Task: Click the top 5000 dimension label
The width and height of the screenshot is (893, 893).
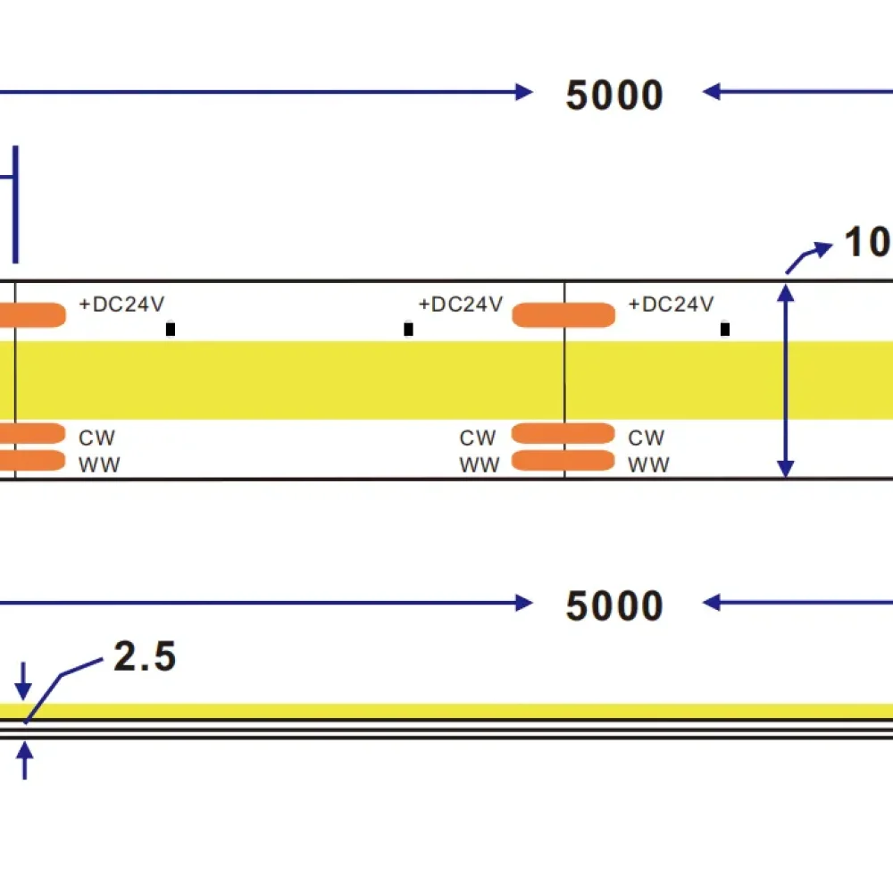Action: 614,96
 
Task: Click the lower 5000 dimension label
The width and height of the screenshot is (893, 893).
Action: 614,606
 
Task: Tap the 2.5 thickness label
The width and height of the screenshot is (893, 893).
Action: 145,657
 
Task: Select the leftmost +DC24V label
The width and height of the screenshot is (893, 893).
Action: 121,305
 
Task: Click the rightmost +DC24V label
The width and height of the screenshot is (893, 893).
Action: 671,305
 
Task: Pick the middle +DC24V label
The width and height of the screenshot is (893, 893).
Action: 461,305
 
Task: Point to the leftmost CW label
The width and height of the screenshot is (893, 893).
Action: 97,438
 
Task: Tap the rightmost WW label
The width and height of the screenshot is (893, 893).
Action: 648,464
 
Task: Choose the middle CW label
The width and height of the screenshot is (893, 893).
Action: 478,438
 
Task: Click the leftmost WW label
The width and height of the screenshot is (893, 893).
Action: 100,464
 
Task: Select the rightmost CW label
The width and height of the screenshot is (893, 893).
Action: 647,438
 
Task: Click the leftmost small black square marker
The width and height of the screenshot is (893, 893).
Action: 171,330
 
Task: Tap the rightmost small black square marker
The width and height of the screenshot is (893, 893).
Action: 725,330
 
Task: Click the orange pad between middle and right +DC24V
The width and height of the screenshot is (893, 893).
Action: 563,314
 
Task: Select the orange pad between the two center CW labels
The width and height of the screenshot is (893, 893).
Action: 563,434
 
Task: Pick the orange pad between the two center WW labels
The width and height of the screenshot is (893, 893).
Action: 563,460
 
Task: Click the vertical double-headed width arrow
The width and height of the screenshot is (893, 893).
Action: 786,380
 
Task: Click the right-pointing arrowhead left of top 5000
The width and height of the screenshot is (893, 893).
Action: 524,91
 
